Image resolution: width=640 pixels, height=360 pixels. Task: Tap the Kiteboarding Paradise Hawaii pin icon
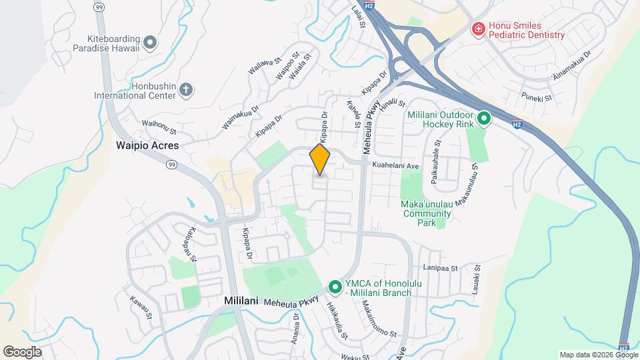tap(150, 43)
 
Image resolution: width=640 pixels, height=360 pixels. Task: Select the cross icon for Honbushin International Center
tap(186, 89)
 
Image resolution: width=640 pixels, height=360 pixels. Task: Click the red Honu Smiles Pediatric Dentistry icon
tap(477, 29)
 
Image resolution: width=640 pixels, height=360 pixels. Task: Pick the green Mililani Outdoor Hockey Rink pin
tap(485, 119)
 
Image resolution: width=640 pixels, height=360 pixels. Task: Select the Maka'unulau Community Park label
tap(427, 213)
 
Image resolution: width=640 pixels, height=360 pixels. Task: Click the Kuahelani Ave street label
tap(395, 165)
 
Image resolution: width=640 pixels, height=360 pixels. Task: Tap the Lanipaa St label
tap(441, 268)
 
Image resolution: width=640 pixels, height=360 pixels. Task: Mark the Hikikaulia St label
tap(337, 321)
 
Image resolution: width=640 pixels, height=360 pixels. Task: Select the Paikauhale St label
tap(435, 161)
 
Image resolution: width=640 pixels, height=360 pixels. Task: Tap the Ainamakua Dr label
tap(572, 67)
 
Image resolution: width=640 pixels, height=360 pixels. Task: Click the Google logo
tap(22, 351)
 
